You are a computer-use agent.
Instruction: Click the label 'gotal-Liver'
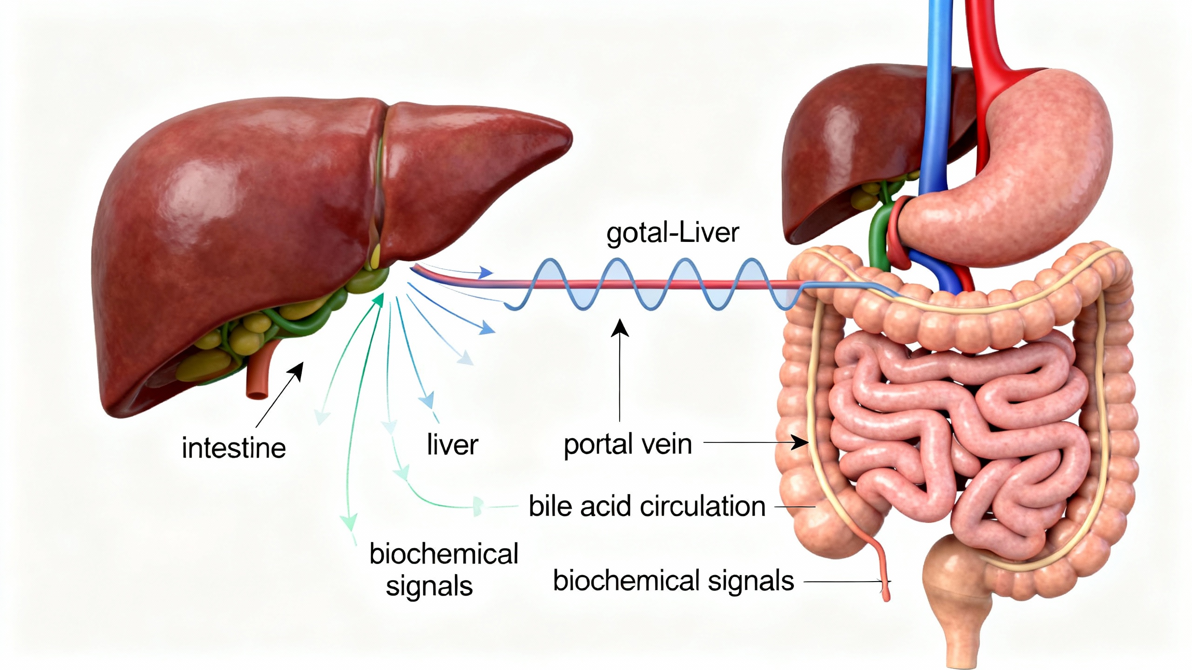pyautogui.click(x=672, y=234)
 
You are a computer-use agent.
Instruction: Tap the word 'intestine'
pyautogui.click(x=234, y=449)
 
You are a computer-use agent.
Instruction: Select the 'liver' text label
pyautogui.click(x=452, y=445)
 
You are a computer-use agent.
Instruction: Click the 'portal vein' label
pyautogui.click(x=628, y=444)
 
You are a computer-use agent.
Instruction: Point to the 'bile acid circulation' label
pyautogui.click(x=647, y=506)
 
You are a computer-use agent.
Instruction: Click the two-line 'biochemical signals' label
pyautogui.click(x=443, y=569)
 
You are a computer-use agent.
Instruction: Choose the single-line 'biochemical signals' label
pyautogui.click(x=673, y=581)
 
